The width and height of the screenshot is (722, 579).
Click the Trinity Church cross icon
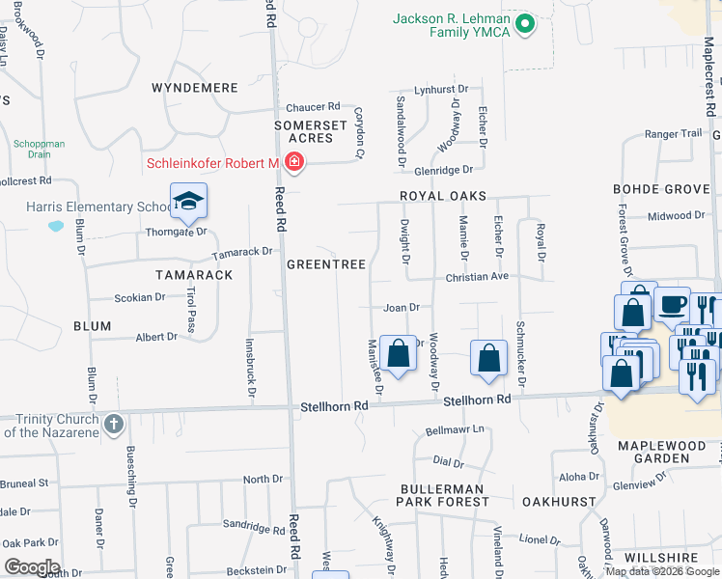coord(114,423)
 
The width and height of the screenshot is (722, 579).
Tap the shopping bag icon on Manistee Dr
coord(398,353)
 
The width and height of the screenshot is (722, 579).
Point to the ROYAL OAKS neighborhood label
coord(444,196)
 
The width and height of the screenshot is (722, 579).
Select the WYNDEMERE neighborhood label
coord(195,88)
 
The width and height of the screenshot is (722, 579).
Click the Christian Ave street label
coord(476,276)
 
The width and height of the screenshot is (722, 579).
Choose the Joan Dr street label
coord(402,308)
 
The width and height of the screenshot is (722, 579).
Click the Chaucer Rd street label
coord(312,106)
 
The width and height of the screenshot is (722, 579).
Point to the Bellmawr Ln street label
coord(454,430)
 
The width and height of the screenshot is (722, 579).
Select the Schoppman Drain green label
coord(40,149)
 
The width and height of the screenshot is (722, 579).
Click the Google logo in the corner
coord(31,567)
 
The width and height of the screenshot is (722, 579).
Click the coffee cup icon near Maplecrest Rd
coord(672,304)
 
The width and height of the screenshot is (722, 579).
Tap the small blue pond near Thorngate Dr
coord(55,227)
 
